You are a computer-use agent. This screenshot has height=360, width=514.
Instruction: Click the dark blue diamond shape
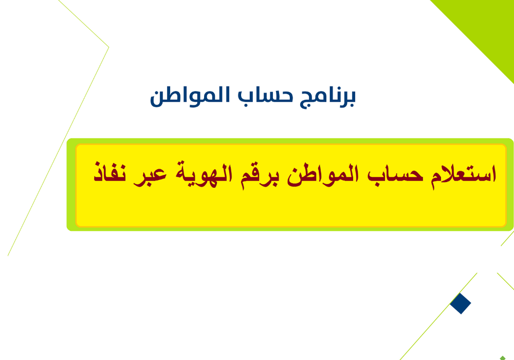pyautogui.click(x=461, y=303)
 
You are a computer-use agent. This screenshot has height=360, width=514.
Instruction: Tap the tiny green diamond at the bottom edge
pyautogui.click(x=502, y=357)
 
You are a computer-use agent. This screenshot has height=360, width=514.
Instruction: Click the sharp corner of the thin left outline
pyautogui.click(x=108, y=47)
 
